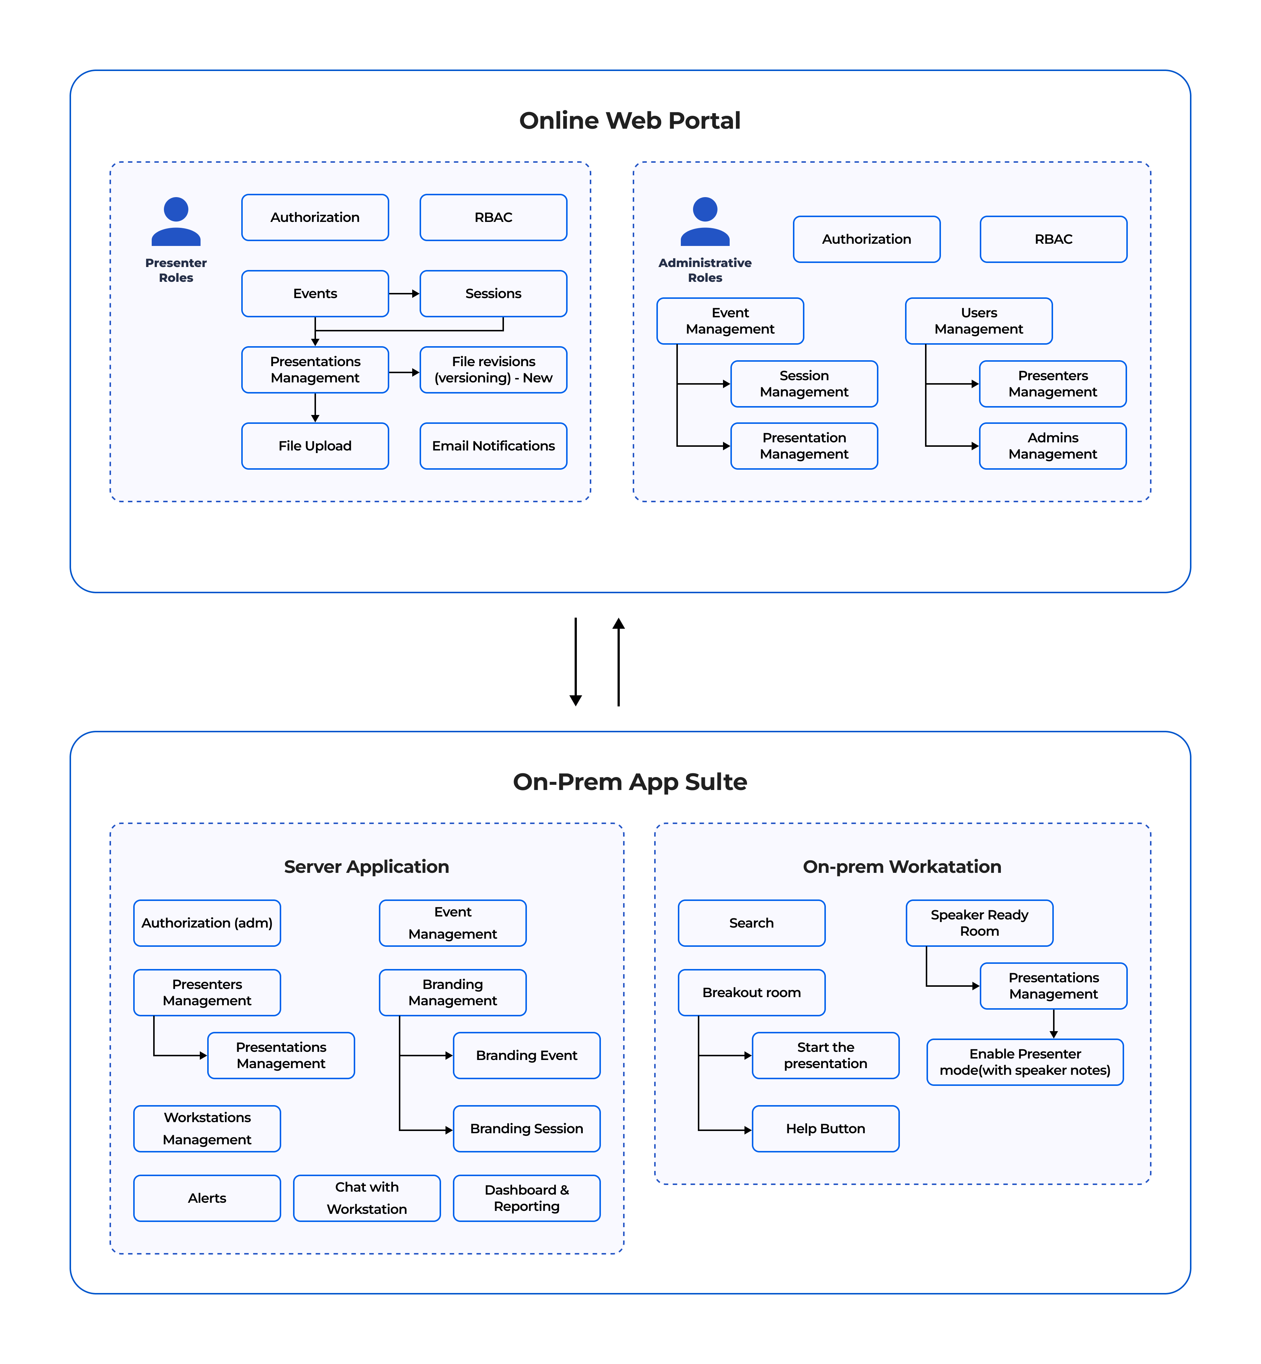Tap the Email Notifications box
pos(493,446)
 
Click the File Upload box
pos(315,446)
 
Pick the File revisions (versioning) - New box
pos(493,369)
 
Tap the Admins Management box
pos(1053,446)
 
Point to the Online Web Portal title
pos(630,121)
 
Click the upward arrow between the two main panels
pos(619,662)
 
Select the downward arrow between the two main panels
pos(576,662)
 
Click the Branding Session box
pos(527,1129)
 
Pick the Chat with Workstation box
pos(367,1198)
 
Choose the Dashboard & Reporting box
pos(527,1198)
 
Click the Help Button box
pos(825,1129)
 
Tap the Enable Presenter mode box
pos(1025,1062)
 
